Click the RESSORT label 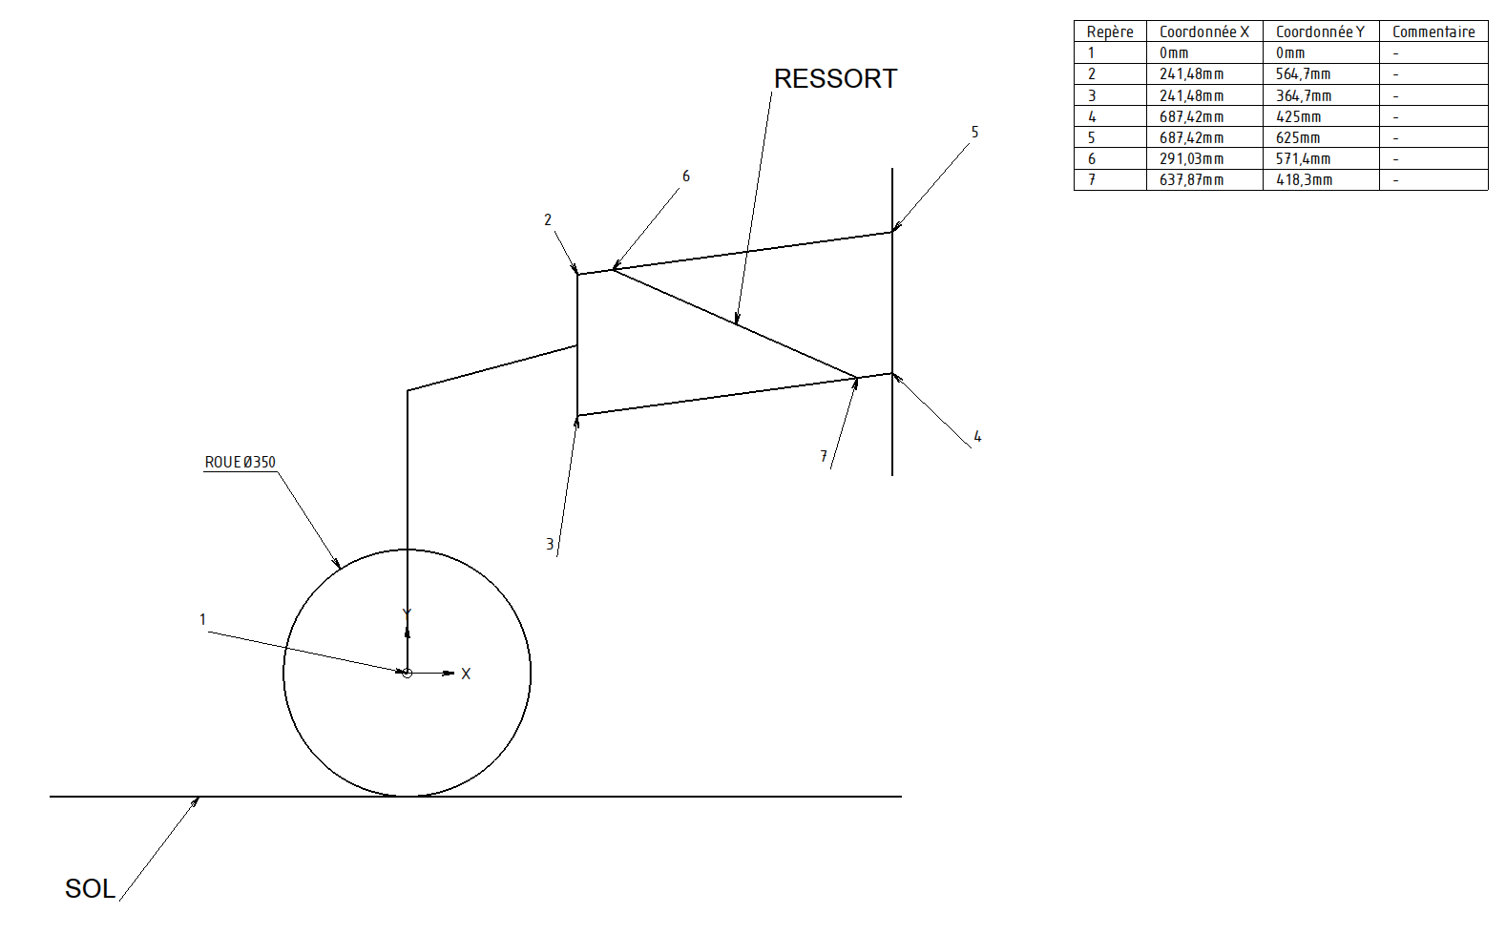click(835, 79)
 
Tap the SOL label click(90, 888)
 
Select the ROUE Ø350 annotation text click(240, 463)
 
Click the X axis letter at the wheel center click(466, 675)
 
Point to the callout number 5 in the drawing click(974, 133)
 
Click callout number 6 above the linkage click(685, 176)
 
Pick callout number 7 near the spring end click(824, 457)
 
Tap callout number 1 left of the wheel click(202, 620)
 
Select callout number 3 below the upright click(550, 545)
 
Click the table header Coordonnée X click(1203, 32)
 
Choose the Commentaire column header click(1433, 32)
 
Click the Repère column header click(1110, 32)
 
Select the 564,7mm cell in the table click(1303, 74)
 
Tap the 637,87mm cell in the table click(1191, 180)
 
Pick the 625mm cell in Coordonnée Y click(1298, 138)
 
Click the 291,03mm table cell click(1191, 159)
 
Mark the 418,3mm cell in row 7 click(1304, 180)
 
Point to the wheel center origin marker click(408, 674)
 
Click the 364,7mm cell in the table click(1303, 96)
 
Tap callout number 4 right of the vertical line click(977, 437)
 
